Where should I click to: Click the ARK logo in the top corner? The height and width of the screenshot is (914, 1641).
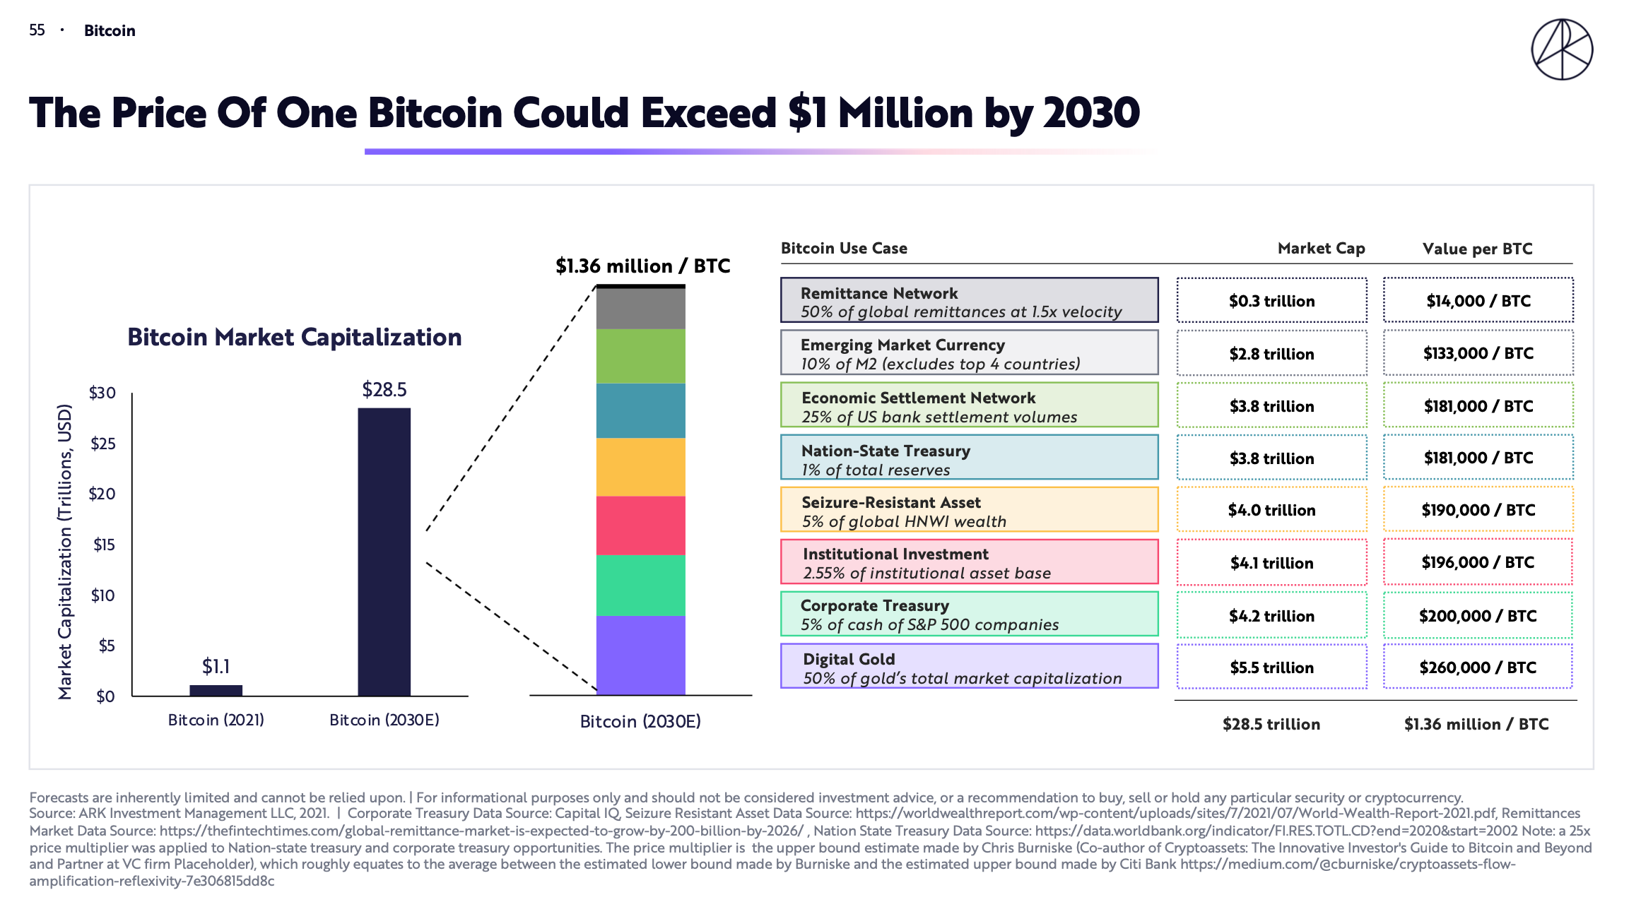pyautogui.click(x=1562, y=49)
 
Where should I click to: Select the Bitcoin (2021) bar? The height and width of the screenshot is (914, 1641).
pyautogui.click(x=216, y=690)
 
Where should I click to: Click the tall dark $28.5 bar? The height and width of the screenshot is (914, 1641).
pyautogui.click(x=384, y=551)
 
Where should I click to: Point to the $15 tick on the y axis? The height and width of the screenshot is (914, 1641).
pyautogui.click(x=104, y=545)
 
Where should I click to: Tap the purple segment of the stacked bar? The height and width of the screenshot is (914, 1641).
pyautogui.click(x=640, y=655)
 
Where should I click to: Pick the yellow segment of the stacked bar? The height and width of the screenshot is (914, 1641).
pyautogui.click(x=640, y=467)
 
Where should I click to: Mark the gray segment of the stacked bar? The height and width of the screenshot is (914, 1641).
pyautogui.click(x=640, y=309)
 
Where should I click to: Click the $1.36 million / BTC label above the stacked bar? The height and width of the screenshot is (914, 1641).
pyautogui.click(x=642, y=266)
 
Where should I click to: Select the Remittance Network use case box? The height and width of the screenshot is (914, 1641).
pyautogui.click(x=969, y=301)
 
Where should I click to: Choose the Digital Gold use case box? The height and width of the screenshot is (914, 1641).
pyautogui.click(x=969, y=666)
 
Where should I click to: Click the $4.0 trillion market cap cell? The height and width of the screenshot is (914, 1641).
pyautogui.click(x=1271, y=510)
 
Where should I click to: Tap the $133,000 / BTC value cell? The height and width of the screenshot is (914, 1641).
pyautogui.click(x=1478, y=353)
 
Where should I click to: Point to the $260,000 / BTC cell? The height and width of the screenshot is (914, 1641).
pyautogui.click(x=1478, y=667)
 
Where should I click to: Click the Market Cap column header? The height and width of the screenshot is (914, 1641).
pyautogui.click(x=1321, y=249)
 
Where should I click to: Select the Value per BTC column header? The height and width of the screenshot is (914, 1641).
pyautogui.click(x=1477, y=249)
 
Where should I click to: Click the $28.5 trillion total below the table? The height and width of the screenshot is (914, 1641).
pyautogui.click(x=1271, y=724)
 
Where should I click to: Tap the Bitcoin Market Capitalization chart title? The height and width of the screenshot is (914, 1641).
pyautogui.click(x=294, y=338)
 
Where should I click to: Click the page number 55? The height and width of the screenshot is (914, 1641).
pyautogui.click(x=37, y=30)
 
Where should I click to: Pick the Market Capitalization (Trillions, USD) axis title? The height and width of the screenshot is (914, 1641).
pyautogui.click(x=65, y=551)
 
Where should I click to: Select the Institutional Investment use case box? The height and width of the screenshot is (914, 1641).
pyautogui.click(x=969, y=563)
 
